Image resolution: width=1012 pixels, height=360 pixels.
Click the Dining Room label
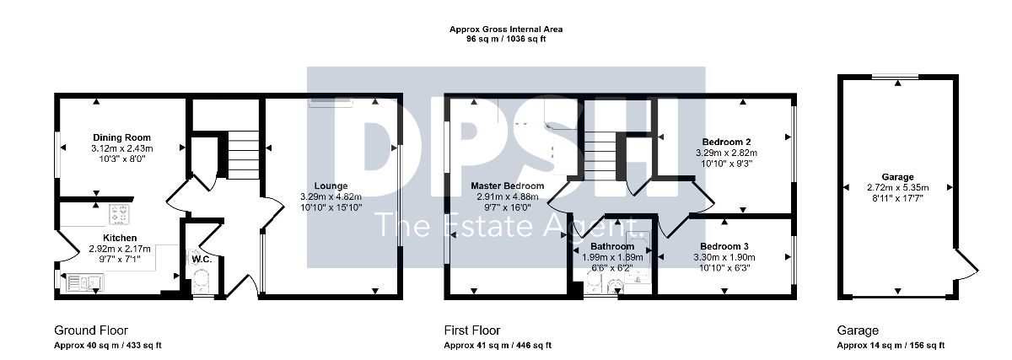[121, 137]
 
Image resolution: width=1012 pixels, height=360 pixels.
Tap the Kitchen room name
[120, 238]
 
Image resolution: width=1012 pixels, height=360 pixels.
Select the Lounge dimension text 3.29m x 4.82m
[331, 196]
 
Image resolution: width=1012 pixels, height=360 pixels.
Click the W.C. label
[202, 260]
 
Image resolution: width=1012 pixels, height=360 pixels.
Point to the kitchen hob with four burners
[120, 214]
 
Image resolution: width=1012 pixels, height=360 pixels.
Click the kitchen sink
[85, 282]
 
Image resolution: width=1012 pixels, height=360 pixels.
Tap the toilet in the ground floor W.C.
[202, 281]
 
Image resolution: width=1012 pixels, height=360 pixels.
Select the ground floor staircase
[243, 155]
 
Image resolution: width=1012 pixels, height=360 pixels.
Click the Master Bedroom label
[508, 185]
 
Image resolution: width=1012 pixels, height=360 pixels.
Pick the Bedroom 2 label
[726, 142]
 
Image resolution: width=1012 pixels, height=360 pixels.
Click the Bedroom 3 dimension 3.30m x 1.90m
[724, 257]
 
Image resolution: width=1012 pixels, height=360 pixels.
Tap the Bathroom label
[612, 246]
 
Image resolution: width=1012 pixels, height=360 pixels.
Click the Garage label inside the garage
[897, 176]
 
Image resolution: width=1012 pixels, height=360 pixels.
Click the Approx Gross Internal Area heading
[506, 30]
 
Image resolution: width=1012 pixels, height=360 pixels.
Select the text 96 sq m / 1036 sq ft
[506, 39]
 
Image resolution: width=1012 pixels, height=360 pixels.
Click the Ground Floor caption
[91, 330]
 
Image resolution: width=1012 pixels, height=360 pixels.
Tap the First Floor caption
[472, 330]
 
